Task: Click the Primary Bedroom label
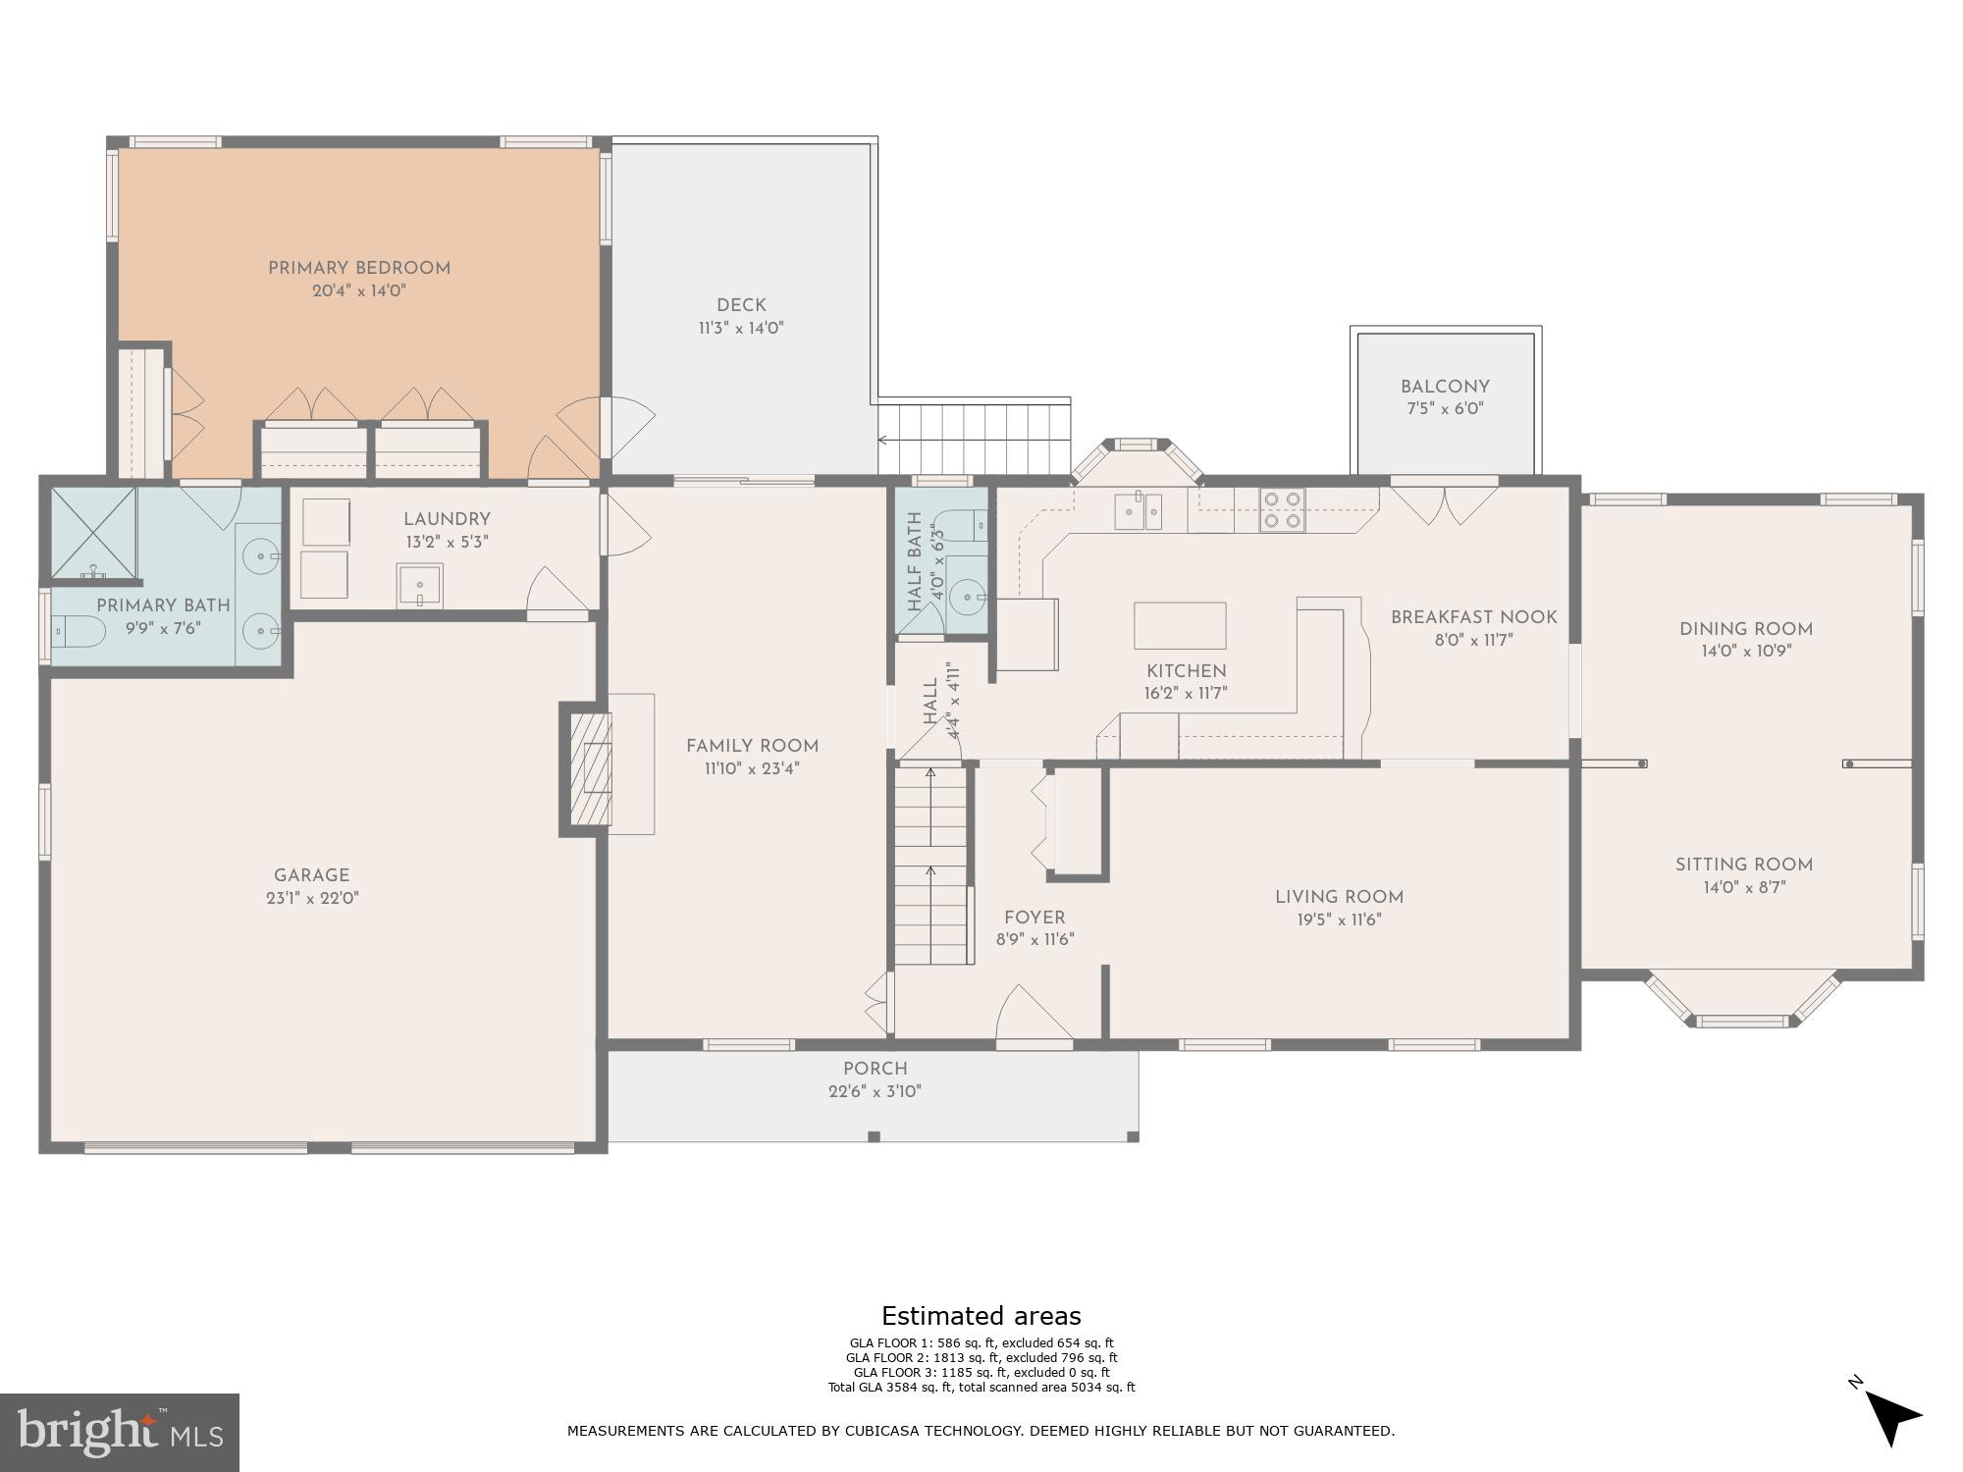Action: click(359, 268)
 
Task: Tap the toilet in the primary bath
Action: click(78, 633)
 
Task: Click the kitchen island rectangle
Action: click(1180, 625)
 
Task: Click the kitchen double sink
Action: click(1138, 511)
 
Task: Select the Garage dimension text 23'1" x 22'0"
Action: click(312, 898)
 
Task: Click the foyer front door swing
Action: click(1031, 1016)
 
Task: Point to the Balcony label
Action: click(1445, 387)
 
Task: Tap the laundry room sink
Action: click(420, 586)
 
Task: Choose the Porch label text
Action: click(875, 1069)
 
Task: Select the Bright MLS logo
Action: click(119, 1432)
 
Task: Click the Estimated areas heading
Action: click(981, 1316)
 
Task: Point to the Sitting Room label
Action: click(1743, 865)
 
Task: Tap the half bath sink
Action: click(967, 596)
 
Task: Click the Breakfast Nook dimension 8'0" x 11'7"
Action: click(1473, 640)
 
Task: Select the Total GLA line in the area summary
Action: click(981, 1388)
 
